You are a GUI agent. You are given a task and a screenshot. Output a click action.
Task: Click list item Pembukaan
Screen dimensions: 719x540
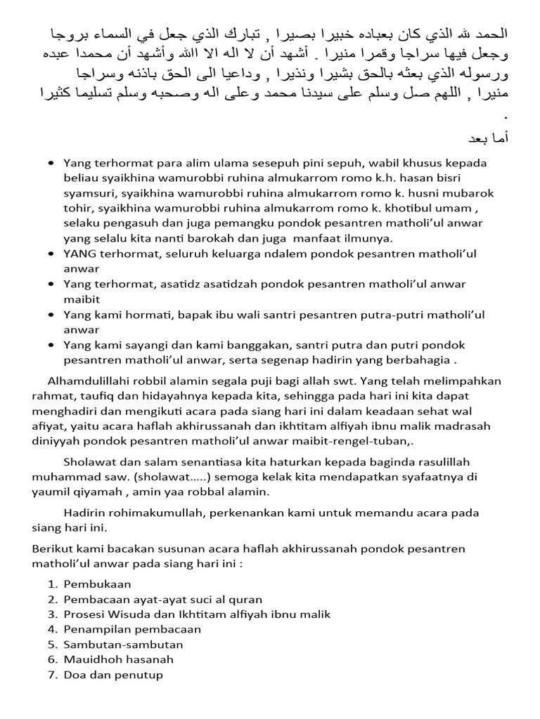[97, 583]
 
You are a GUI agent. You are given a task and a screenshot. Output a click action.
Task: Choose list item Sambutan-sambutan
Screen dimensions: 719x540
[123, 644]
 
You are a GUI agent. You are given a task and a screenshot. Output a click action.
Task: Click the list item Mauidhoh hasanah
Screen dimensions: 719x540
[118, 659]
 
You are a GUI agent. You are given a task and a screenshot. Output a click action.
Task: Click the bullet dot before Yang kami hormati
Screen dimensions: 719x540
[51, 315]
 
